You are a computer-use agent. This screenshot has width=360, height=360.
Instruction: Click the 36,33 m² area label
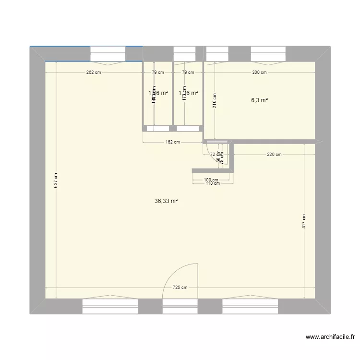coord(166,202)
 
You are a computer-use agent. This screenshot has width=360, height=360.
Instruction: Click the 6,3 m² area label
coord(259,100)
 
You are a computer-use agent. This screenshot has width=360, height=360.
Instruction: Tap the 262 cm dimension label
coord(94,73)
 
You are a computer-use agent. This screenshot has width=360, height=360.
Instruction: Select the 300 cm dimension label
coord(259,73)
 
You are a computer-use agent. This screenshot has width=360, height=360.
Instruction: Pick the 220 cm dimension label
coord(275,155)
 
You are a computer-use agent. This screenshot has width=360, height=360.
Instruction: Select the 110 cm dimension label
coord(213,183)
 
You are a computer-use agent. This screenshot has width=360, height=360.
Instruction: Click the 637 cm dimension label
coord(56,180)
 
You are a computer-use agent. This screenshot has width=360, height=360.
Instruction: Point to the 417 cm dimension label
coord(304,221)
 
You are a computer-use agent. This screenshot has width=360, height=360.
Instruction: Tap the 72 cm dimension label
coord(213,155)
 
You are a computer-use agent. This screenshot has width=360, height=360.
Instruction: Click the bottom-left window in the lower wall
coord(110,306)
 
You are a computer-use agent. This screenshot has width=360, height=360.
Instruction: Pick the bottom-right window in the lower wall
coord(251,306)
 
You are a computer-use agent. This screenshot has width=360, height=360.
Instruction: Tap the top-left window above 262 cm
coord(108,53)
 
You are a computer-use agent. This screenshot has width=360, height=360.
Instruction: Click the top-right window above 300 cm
coord(269,53)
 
